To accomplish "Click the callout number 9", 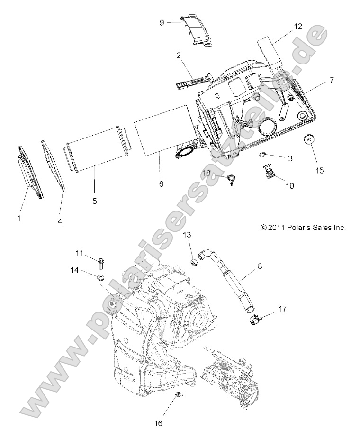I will point(162,22).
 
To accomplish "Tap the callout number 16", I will point(159,422).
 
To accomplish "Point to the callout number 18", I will point(207,161).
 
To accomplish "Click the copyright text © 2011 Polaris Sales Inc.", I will point(303,228).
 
